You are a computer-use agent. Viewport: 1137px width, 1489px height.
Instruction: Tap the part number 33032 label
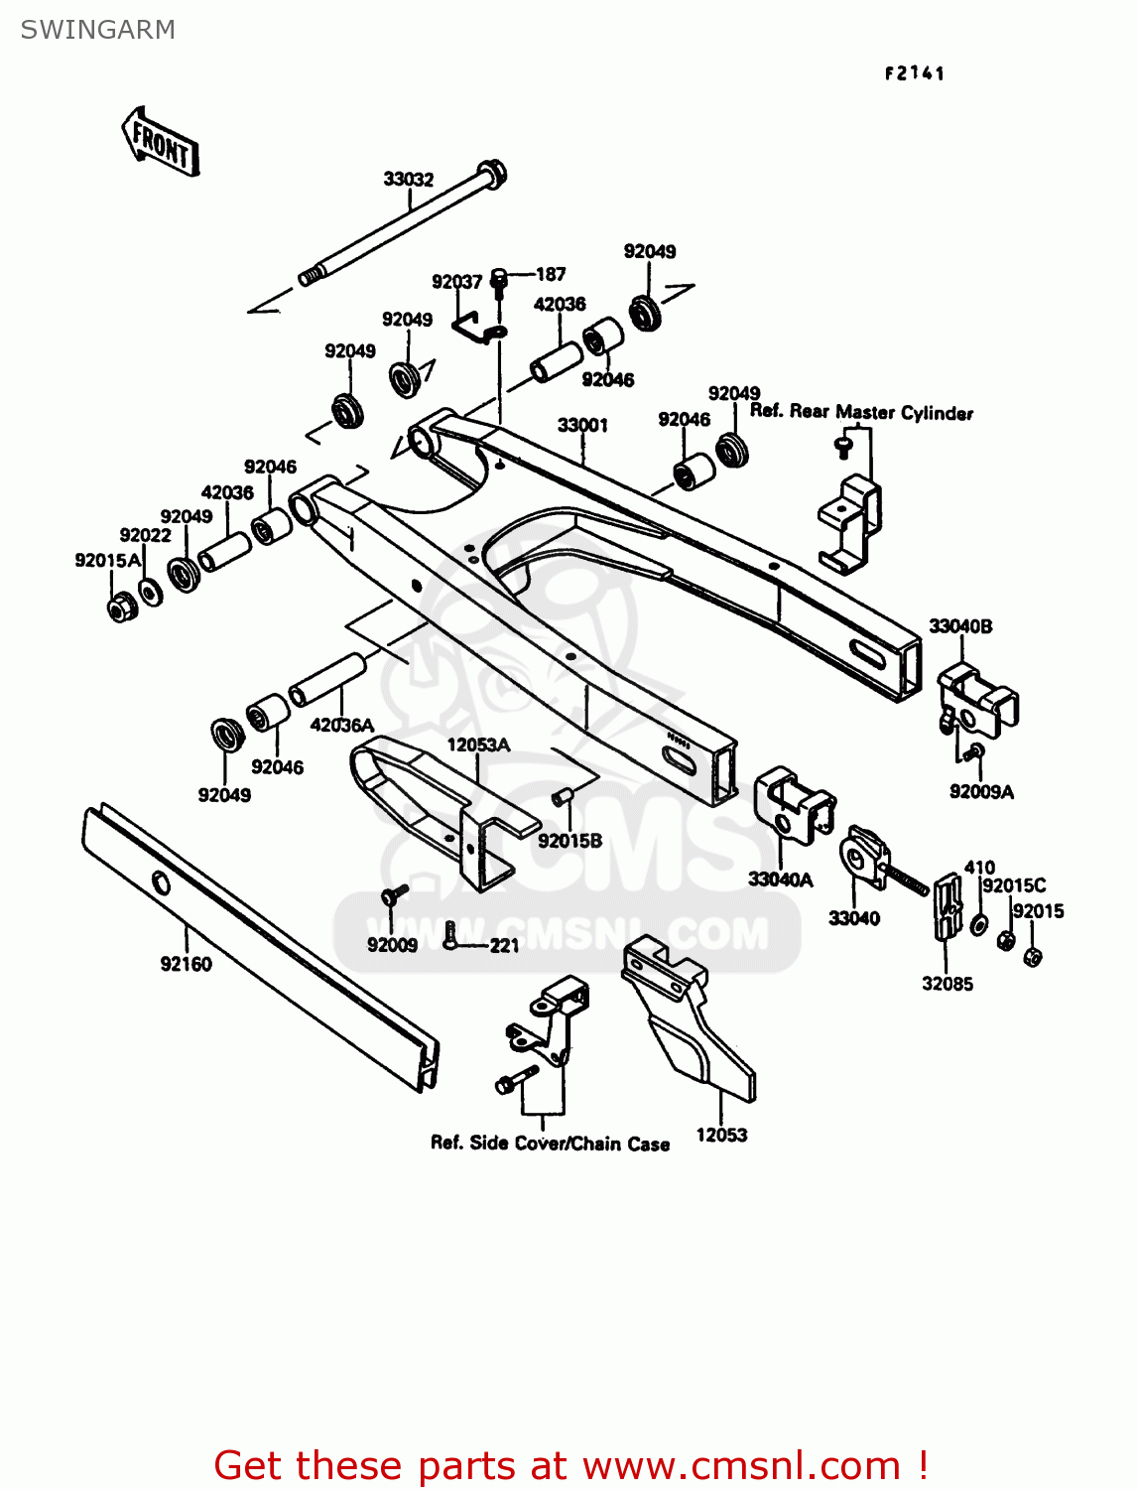pyautogui.click(x=409, y=180)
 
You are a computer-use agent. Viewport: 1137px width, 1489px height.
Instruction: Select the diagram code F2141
pyautogui.click(x=915, y=73)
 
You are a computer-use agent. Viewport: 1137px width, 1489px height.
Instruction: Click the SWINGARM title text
pyautogui.click(x=98, y=30)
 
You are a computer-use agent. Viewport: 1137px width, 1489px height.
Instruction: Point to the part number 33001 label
pyautogui.click(x=582, y=425)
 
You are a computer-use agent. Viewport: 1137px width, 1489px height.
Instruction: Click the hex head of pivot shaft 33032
pyautogui.click(x=493, y=174)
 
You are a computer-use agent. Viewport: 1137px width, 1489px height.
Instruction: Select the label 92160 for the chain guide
pyautogui.click(x=186, y=964)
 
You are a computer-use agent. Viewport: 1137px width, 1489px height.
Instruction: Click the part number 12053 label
pyautogui.click(x=721, y=1135)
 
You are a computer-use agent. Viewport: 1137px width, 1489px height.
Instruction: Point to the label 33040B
pyautogui.click(x=959, y=626)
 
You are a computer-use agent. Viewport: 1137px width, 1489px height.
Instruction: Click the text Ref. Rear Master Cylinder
pyautogui.click(x=861, y=412)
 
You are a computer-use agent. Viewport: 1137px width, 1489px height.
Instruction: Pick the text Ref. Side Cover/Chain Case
pyautogui.click(x=550, y=1144)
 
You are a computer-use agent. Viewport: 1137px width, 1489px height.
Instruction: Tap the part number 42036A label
pyautogui.click(x=342, y=726)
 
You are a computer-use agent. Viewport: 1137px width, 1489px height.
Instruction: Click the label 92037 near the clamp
pyautogui.click(x=456, y=282)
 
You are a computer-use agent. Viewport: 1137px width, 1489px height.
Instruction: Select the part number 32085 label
pyautogui.click(x=947, y=984)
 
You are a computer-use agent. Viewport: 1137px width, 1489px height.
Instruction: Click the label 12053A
pyautogui.click(x=478, y=744)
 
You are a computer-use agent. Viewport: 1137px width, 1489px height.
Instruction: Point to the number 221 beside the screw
pyautogui.click(x=504, y=945)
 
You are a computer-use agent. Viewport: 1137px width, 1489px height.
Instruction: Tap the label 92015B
pyautogui.click(x=569, y=841)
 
